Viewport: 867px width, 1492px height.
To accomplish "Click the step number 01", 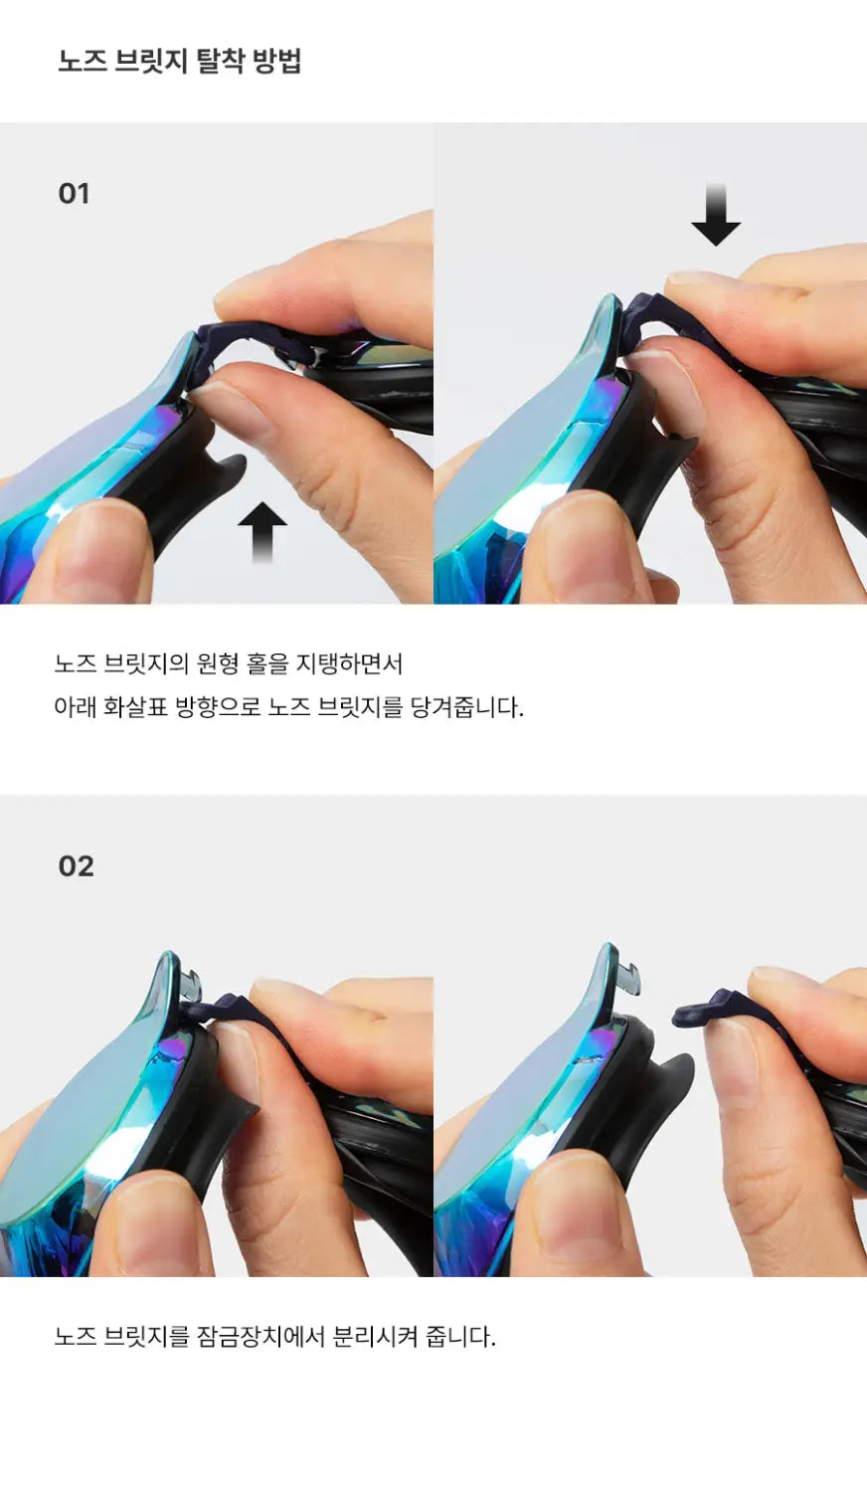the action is [x=74, y=194].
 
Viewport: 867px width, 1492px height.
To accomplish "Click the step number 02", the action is [x=76, y=866].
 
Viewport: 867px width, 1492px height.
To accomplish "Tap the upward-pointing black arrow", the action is [x=262, y=532].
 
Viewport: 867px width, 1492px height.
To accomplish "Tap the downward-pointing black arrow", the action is [x=716, y=215].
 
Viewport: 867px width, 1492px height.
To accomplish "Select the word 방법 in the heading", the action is [x=277, y=62].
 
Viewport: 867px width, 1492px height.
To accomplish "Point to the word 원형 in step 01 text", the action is [x=219, y=663].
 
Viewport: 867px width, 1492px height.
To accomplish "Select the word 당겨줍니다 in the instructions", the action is [x=466, y=706].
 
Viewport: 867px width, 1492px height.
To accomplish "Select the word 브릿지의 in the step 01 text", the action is [x=146, y=663].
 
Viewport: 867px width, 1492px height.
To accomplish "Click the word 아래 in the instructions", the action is [x=76, y=706].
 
